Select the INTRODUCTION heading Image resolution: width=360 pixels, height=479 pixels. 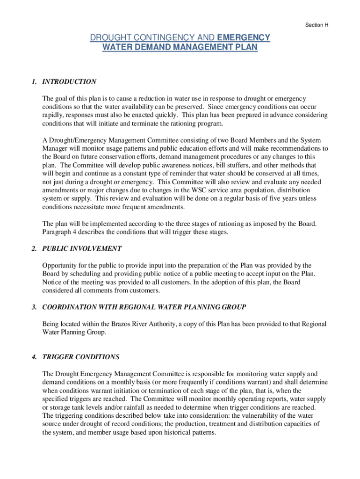[69, 81]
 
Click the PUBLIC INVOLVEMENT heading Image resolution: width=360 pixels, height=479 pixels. [82, 248]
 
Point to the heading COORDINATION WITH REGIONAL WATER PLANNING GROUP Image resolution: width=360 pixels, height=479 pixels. [144, 307]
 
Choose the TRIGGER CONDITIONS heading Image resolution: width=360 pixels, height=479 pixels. [81, 357]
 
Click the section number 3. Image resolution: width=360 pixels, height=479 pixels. [35, 307]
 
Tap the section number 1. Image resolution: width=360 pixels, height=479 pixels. [35, 81]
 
